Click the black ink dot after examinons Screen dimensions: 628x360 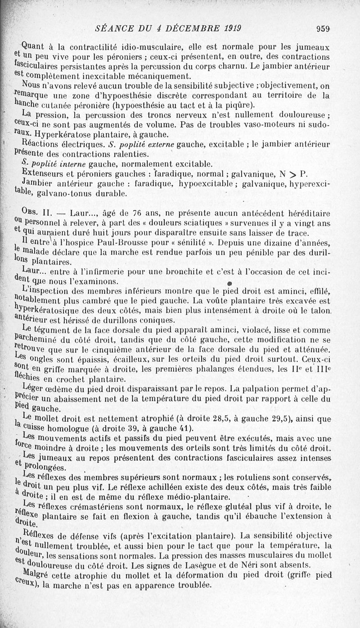(x=229, y=283)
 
